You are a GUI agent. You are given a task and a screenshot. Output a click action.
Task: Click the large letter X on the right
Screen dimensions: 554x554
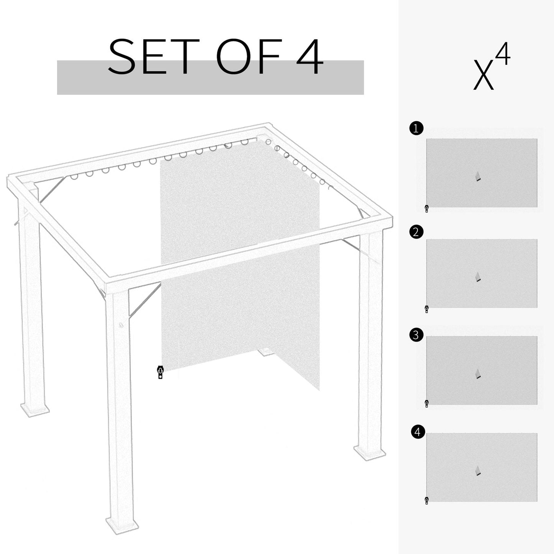(483, 75)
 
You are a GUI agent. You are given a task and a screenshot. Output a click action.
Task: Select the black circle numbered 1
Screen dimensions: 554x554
(416, 128)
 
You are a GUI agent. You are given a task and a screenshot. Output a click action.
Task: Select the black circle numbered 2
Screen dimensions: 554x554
(416, 232)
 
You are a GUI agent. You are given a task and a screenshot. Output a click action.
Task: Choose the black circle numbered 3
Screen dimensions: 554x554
(416, 335)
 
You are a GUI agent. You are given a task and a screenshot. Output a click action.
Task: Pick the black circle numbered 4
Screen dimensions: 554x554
(418, 432)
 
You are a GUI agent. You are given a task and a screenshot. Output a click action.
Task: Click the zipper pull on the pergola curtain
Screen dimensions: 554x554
(160, 372)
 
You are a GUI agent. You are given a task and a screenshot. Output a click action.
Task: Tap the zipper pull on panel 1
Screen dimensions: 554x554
(427, 209)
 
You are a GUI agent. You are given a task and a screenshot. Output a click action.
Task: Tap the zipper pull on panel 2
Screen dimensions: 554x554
(427, 309)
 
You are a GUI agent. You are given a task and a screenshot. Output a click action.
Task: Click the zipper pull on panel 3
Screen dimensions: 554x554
(427, 403)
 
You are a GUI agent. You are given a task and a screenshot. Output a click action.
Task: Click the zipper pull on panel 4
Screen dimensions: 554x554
(427, 500)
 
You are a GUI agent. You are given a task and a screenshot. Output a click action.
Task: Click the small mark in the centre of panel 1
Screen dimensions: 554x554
(478, 176)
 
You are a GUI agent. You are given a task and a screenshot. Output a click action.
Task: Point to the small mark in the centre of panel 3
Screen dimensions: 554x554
(478, 374)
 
